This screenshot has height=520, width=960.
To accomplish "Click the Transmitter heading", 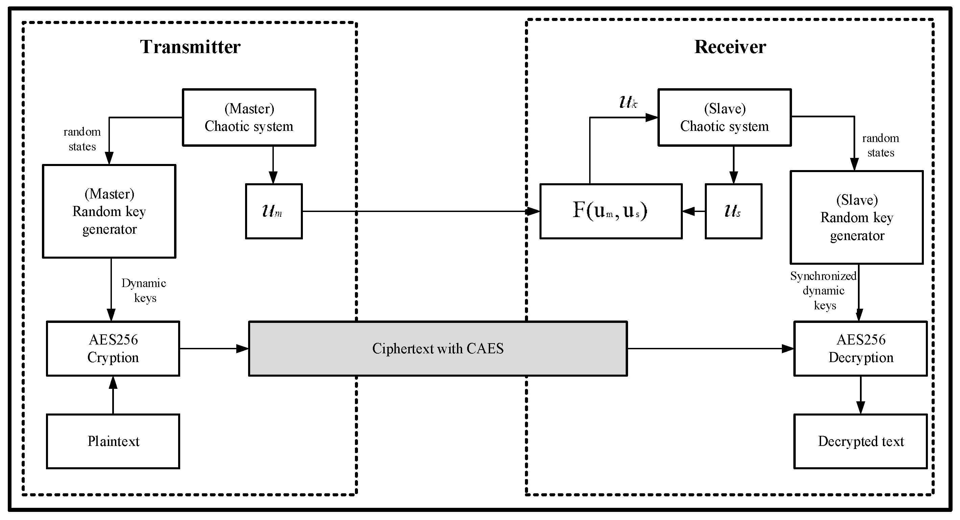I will (x=190, y=47).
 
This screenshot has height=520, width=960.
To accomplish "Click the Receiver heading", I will (x=730, y=47).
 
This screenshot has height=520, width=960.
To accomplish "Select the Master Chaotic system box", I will (x=249, y=117).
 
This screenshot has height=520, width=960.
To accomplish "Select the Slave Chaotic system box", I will (x=724, y=117).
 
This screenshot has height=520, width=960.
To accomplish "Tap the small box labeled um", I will (x=273, y=211).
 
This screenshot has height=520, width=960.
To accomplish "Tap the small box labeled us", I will (x=733, y=211).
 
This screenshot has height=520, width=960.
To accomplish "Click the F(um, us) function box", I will (x=611, y=211).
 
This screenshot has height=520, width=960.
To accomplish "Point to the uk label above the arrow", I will (x=628, y=102).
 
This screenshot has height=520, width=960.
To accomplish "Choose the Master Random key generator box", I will (x=109, y=211).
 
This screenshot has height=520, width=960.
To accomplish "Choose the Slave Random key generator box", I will (x=857, y=218).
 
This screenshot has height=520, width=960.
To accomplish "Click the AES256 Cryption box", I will (x=113, y=349).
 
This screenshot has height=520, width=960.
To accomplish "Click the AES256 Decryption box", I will (x=861, y=349).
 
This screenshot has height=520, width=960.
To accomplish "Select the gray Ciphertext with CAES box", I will (x=438, y=349).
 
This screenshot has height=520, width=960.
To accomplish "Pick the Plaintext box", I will (x=113, y=441).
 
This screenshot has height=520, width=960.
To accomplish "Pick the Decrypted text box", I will (x=861, y=441).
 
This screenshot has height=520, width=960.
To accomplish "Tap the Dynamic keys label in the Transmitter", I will (x=144, y=290).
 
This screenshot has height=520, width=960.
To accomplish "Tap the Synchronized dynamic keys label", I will (x=823, y=290).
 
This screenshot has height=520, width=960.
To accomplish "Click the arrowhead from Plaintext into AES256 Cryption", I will (x=113, y=382).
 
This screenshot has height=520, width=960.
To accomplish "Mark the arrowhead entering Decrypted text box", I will (x=861, y=407).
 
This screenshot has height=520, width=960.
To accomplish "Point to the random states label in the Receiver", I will (x=880, y=145).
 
